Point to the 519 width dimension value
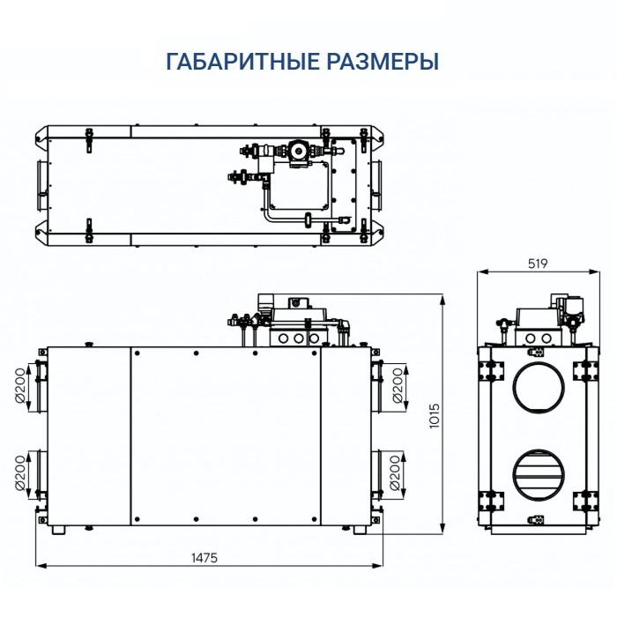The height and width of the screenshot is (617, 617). pyautogui.click(x=537, y=264)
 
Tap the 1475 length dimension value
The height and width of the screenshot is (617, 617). pyautogui.click(x=204, y=557)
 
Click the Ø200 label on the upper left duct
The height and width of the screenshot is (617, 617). pyautogui.click(x=25, y=384)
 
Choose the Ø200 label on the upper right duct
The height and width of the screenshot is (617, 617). pyautogui.click(x=397, y=384)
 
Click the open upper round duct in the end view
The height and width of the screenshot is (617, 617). pyautogui.click(x=537, y=383)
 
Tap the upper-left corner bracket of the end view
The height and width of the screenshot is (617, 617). pyautogui.click(x=487, y=368)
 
